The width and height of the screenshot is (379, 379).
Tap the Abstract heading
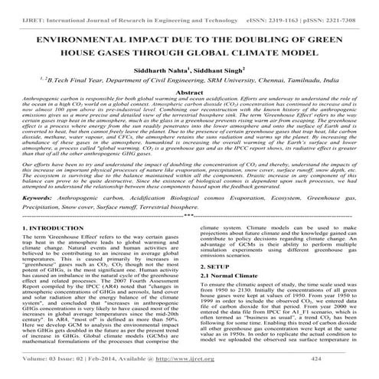pos(189,93)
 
